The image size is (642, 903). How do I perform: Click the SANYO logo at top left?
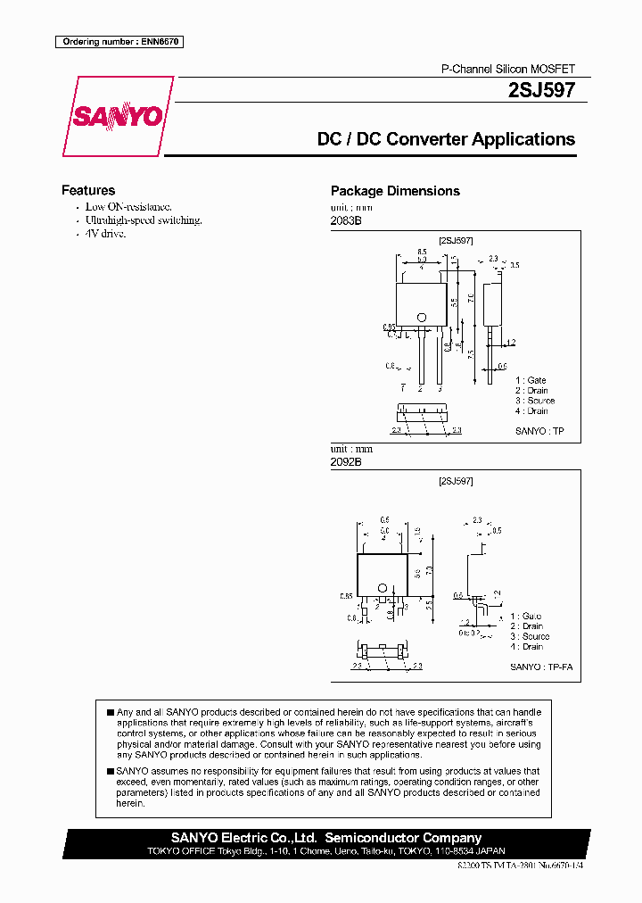click(x=116, y=116)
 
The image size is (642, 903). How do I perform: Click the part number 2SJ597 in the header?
click(x=541, y=89)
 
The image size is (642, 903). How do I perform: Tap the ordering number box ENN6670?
click(x=119, y=41)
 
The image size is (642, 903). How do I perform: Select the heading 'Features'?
click(x=88, y=190)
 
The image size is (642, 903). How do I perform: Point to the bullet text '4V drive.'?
click(x=105, y=233)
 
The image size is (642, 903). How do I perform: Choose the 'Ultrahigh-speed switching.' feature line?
click(x=143, y=220)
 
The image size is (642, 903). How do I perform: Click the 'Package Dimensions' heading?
click(x=395, y=191)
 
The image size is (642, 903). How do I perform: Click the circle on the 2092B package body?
click(x=383, y=588)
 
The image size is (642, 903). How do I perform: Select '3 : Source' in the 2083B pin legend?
click(x=534, y=401)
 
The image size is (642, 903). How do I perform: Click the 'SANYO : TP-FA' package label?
click(x=537, y=667)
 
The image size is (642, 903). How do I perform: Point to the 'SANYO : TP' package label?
click(x=539, y=431)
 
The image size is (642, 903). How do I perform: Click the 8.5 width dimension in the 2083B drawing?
click(x=421, y=253)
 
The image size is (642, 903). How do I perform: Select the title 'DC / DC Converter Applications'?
click(x=446, y=139)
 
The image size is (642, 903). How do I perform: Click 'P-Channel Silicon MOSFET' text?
click(x=508, y=69)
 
